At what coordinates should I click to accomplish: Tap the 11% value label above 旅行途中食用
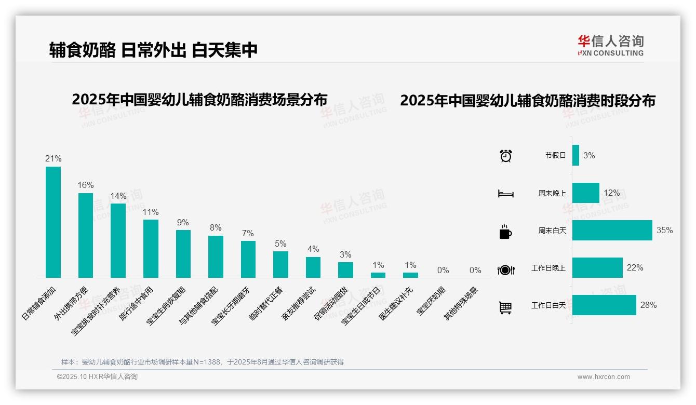pyautogui.click(x=151, y=212)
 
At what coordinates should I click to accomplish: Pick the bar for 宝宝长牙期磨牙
pyautogui.click(x=248, y=259)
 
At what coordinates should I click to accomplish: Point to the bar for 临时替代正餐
pyautogui.click(x=280, y=264)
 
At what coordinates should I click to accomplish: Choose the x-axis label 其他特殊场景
pyautogui.click(x=461, y=303)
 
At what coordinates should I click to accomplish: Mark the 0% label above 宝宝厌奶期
pyautogui.click(x=443, y=270)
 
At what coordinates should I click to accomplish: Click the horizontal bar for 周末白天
pyautogui.click(x=612, y=230)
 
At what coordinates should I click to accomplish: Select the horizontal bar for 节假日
pyautogui.click(x=575, y=155)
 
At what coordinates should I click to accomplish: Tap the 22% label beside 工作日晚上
pyautogui.click(x=635, y=268)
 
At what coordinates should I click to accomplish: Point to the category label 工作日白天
pyautogui.click(x=548, y=305)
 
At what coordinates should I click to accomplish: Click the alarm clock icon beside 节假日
pyautogui.click(x=505, y=155)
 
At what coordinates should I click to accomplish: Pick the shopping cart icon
pyautogui.click(x=505, y=308)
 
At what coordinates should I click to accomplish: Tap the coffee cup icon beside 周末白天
pyautogui.click(x=505, y=232)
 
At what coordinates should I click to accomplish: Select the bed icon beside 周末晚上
pyautogui.click(x=505, y=194)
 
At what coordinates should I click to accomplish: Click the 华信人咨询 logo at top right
pyautogui.click(x=610, y=45)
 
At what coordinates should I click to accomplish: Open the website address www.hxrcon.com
pyautogui.click(x=604, y=377)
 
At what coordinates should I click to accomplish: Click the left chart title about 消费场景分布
pyautogui.click(x=199, y=100)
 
